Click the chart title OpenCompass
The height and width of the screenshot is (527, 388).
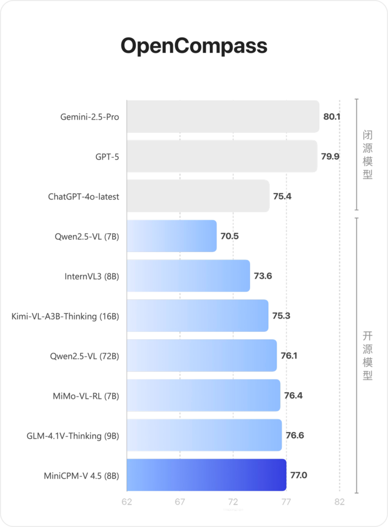194,46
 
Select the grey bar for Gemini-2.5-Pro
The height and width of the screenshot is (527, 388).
223,117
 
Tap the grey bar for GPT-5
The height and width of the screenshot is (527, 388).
222,156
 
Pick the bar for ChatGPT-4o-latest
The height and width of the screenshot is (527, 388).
198,196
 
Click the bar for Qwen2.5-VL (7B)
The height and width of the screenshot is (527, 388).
171,236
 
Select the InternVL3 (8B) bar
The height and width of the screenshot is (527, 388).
188,276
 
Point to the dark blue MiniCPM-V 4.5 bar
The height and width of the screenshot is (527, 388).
207,476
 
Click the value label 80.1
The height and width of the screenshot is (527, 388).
332,117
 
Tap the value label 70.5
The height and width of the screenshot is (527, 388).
230,236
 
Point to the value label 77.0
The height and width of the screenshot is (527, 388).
298,476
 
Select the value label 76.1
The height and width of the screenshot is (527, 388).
289,356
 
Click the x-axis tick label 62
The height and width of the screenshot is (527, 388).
127,502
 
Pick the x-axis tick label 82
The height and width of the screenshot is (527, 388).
340,502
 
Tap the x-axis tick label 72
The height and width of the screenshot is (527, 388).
233,502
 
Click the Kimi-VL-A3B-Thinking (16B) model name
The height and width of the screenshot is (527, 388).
65,316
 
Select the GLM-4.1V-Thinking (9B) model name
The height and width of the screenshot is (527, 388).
73,436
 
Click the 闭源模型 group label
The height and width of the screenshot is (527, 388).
368,155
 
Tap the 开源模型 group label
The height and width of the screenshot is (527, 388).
368,356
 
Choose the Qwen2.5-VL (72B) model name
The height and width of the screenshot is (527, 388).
84,356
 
